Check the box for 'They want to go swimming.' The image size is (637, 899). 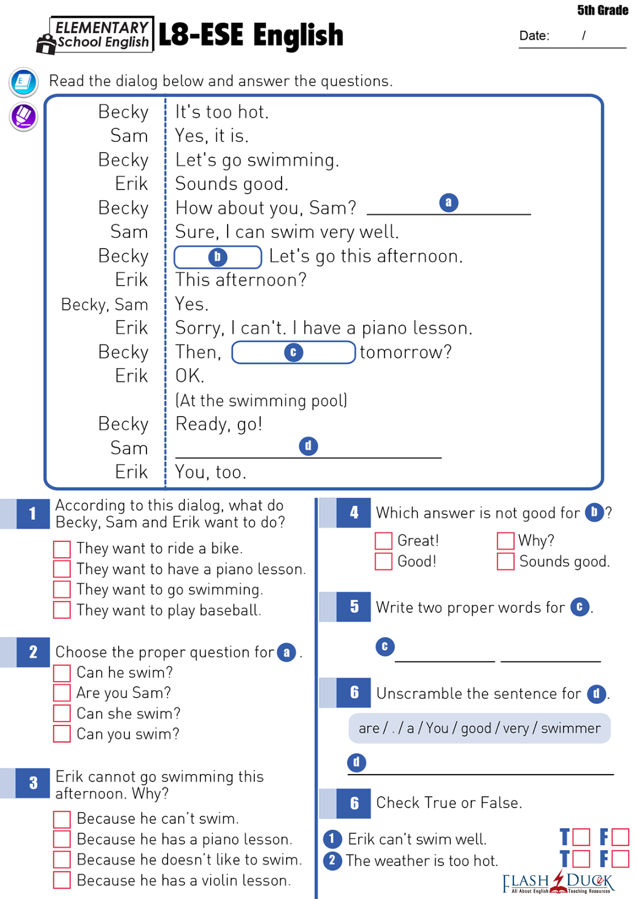point(62,589)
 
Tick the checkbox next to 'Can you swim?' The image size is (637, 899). point(62,734)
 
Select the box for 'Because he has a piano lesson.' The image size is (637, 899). point(62,839)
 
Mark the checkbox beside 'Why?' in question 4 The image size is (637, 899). point(505,540)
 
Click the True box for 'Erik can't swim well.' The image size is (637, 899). point(581,837)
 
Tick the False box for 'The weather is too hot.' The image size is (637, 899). point(621,859)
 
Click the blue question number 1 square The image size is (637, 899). point(33,514)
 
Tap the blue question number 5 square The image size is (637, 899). point(354,607)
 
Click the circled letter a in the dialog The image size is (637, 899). point(449,203)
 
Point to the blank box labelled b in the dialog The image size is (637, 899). point(217,257)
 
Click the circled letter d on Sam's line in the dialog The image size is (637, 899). point(308,446)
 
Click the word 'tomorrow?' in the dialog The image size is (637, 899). point(405,352)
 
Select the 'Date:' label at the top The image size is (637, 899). point(534,36)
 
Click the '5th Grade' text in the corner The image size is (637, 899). point(602,10)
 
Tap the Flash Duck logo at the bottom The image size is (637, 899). point(559,882)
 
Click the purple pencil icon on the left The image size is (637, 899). point(24,116)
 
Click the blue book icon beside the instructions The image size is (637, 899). point(24,82)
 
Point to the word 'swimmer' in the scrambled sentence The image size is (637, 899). point(571,728)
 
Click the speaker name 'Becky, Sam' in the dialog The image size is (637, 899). point(104,305)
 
